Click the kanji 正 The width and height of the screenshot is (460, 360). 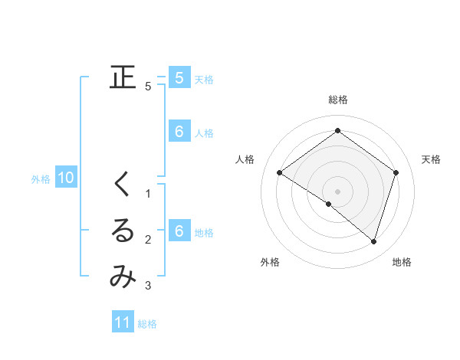[123, 77]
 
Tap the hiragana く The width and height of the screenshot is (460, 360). [123, 185]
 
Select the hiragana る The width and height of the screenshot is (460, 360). [123, 232]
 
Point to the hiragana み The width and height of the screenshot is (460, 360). [123, 277]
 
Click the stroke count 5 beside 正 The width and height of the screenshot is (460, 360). [148, 87]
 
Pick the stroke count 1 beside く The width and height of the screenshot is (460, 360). [148, 194]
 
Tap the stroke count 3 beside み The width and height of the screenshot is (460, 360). [148, 286]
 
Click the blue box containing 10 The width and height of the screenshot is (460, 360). [66, 178]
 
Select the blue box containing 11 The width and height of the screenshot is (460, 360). [123, 322]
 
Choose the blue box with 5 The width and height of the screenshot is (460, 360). [179, 77]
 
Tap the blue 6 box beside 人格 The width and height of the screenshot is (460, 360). [179, 132]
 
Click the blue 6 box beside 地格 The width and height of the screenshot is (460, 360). [179, 231]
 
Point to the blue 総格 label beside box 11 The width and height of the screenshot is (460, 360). [147, 324]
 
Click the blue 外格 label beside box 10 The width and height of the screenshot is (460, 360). [41, 179]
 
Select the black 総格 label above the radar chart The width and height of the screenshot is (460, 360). [337, 100]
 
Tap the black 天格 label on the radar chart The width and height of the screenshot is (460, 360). [431, 159]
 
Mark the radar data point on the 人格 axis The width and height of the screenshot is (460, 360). [279, 173]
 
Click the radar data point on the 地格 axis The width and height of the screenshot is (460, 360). [373, 241]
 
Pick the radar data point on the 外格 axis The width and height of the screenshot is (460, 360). [329, 204]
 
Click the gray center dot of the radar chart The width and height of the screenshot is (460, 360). [337, 191]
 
